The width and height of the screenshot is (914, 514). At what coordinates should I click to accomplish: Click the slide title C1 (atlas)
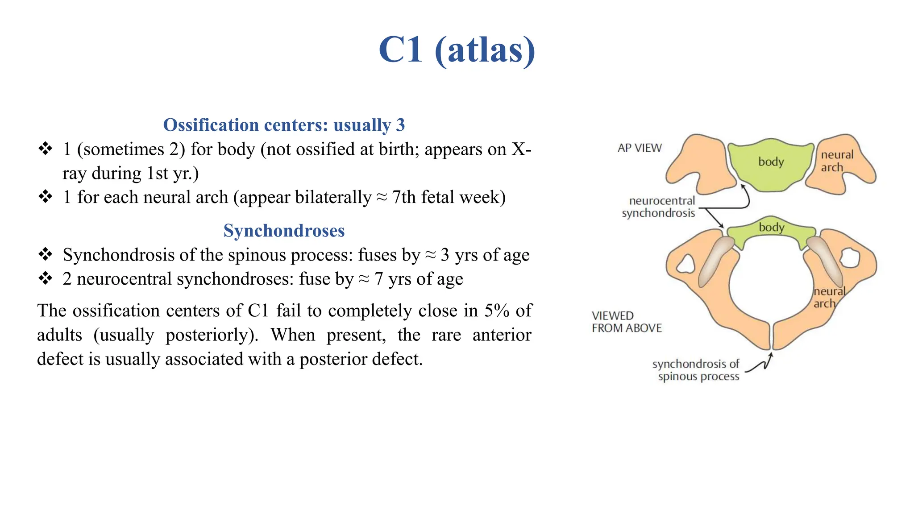pyautogui.click(x=457, y=50)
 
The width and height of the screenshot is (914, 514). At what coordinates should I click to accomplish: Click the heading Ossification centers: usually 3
pyautogui.click(x=284, y=125)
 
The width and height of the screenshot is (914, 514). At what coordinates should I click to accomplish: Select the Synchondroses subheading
pyautogui.click(x=284, y=231)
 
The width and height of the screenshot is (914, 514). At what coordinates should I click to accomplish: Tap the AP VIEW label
pyautogui.click(x=639, y=148)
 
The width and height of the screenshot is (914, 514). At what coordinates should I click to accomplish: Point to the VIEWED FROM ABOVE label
pyautogui.click(x=626, y=322)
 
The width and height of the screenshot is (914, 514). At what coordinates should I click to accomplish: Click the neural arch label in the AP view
pyautogui.click(x=836, y=161)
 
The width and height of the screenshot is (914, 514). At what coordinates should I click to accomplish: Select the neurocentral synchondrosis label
pyautogui.click(x=659, y=207)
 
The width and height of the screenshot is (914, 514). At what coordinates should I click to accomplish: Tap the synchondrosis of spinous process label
pyautogui.click(x=696, y=370)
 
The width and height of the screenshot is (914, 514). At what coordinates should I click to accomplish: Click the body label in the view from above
pyautogui.click(x=771, y=228)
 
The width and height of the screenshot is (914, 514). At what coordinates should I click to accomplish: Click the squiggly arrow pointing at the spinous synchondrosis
pyautogui.click(x=760, y=363)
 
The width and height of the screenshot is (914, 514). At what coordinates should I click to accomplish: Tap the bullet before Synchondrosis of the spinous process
pyautogui.click(x=45, y=255)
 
